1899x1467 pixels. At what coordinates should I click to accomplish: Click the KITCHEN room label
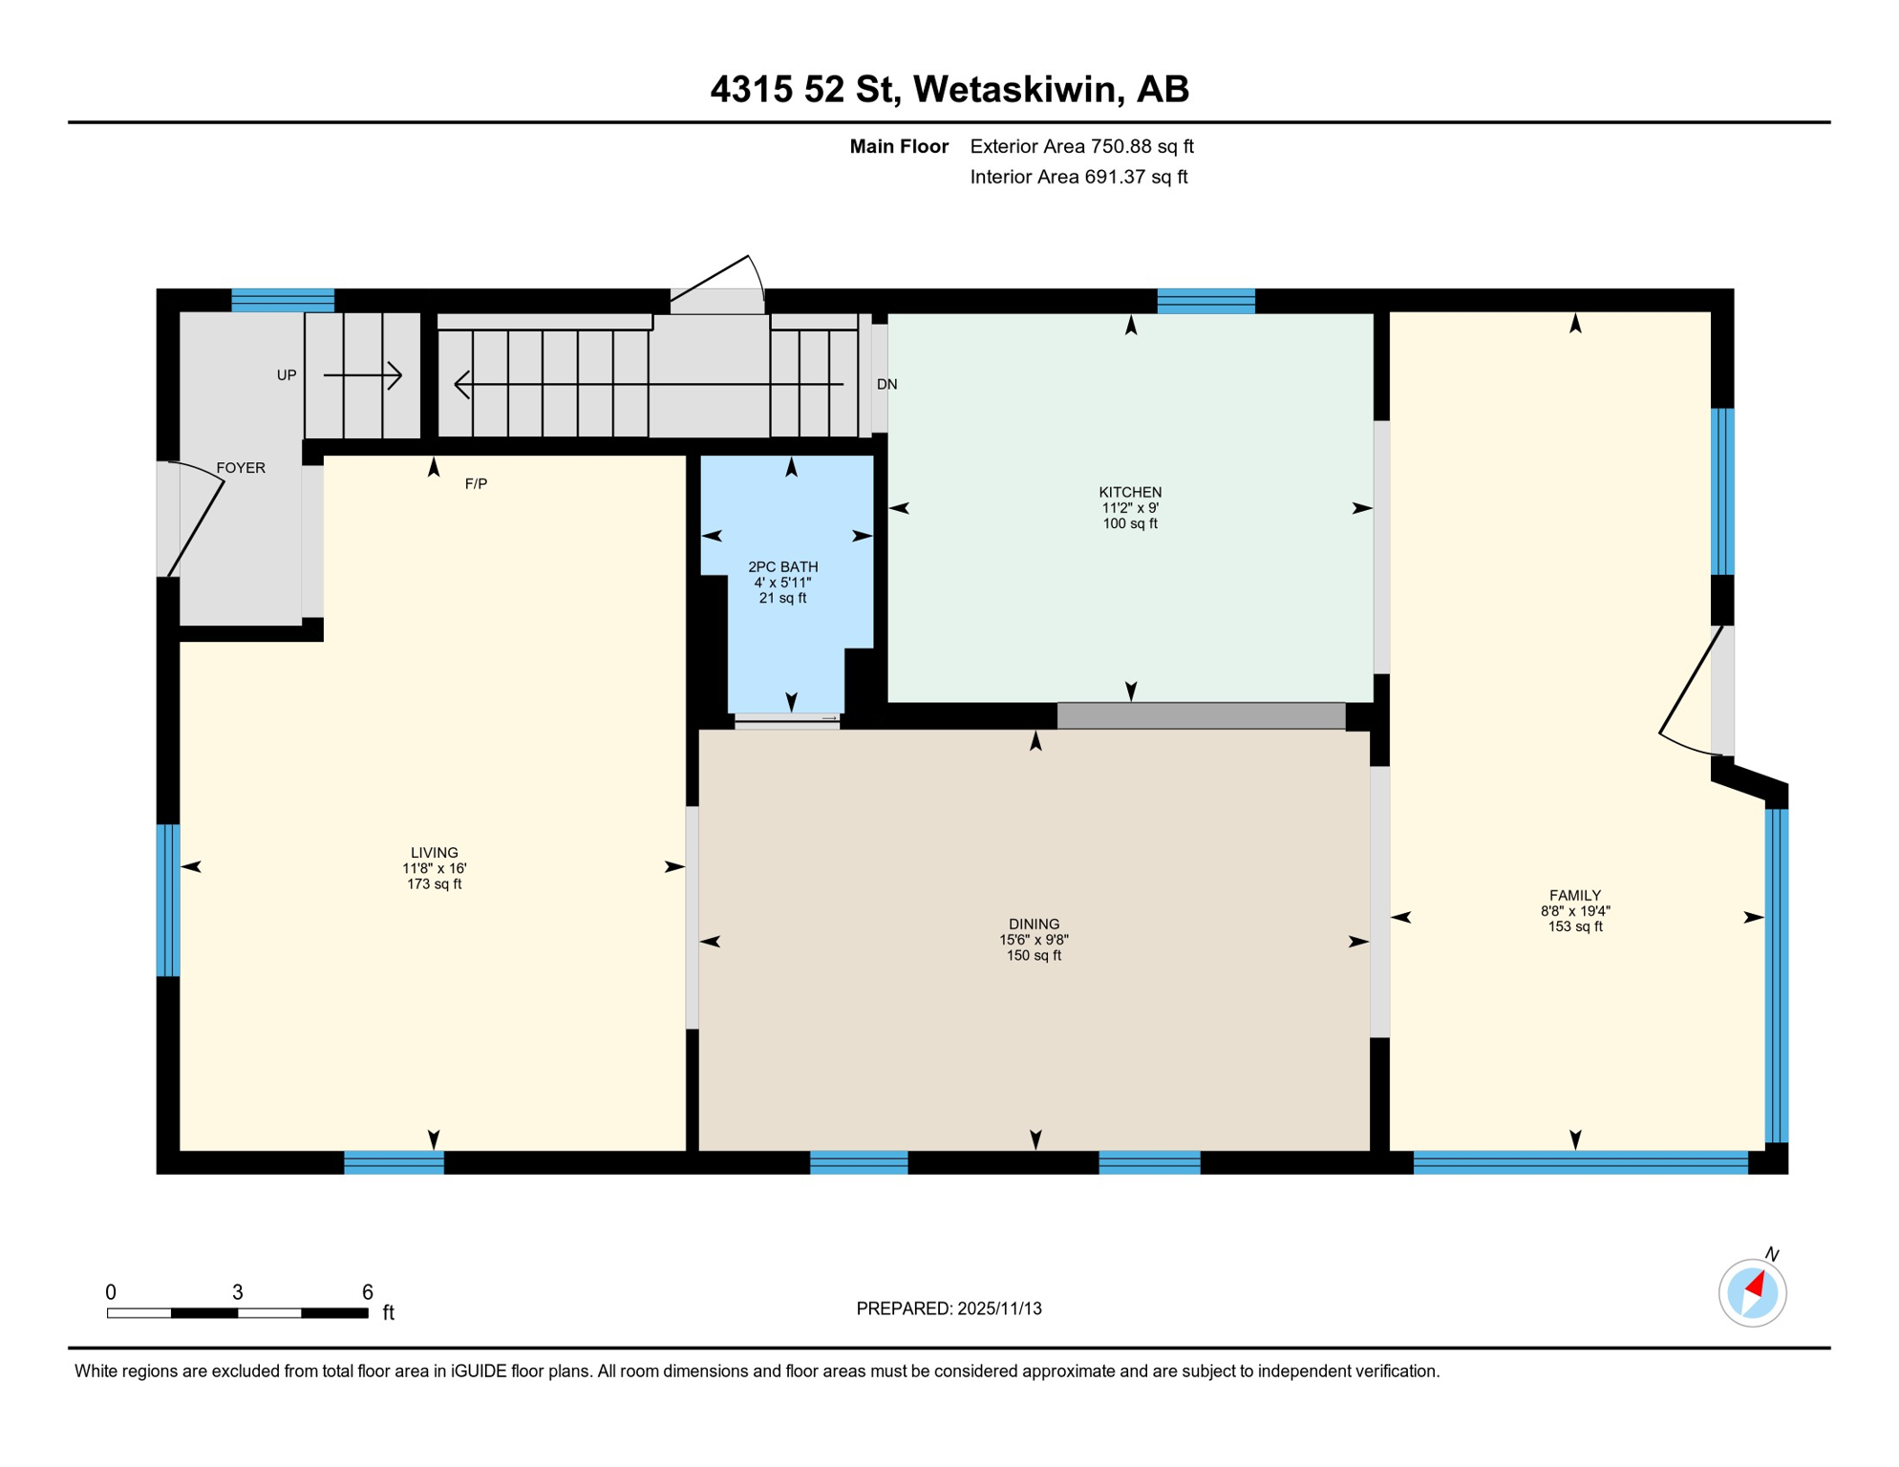pyautogui.click(x=1130, y=493)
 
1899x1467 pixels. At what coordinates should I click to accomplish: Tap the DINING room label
pyautogui.click(x=1034, y=925)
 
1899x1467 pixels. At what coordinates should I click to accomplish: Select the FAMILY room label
pyautogui.click(x=1574, y=896)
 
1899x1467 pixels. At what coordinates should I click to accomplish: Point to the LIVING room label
pyautogui.click(x=435, y=853)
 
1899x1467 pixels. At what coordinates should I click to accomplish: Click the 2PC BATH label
pyautogui.click(x=782, y=567)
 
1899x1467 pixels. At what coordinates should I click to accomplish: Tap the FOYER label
pyautogui.click(x=241, y=468)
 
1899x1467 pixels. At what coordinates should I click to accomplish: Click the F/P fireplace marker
pyautogui.click(x=476, y=484)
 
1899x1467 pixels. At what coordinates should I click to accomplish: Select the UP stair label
pyautogui.click(x=287, y=375)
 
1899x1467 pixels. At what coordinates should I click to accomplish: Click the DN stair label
pyautogui.click(x=886, y=384)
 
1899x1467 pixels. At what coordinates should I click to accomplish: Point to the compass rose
pyautogui.click(x=1752, y=1293)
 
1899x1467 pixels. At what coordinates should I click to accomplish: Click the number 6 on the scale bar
pyautogui.click(x=367, y=1292)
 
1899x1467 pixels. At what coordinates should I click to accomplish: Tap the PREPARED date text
pyautogui.click(x=949, y=1308)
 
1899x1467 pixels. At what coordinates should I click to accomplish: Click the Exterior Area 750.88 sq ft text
pyautogui.click(x=1081, y=146)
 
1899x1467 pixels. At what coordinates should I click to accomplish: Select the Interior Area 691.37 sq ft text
pyautogui.click(x=1078, y=177)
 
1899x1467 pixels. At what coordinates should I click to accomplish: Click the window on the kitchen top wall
pyautogui.click(x=1206, y=301)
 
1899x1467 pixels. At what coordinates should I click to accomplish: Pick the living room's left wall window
pyautogui.click(x=168, y=900)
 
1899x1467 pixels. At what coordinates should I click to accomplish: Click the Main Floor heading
pyautogui.click(x=899, y=146)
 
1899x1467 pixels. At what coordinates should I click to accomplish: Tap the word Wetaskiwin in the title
pyautogui.click(x=1014, y=89)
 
